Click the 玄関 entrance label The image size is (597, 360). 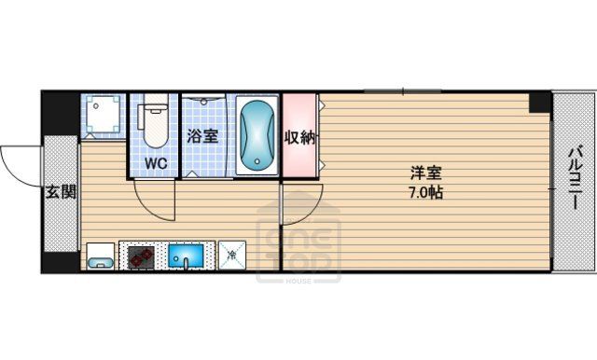(61, 192)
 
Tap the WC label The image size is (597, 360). (156, 163)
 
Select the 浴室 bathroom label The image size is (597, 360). (202, 136)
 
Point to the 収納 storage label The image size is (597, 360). (300, 137)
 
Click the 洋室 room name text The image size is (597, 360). (426, 173)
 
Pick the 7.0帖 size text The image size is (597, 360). (426, 193)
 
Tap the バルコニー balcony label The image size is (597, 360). (576, 177)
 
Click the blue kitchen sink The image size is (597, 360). (186, 256)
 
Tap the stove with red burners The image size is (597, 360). (141, 256)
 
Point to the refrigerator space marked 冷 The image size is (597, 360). (232, 256)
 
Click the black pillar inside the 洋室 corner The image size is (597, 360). (540, 103)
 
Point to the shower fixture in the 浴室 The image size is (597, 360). (203, 101)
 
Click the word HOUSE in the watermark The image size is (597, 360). (298, 281)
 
